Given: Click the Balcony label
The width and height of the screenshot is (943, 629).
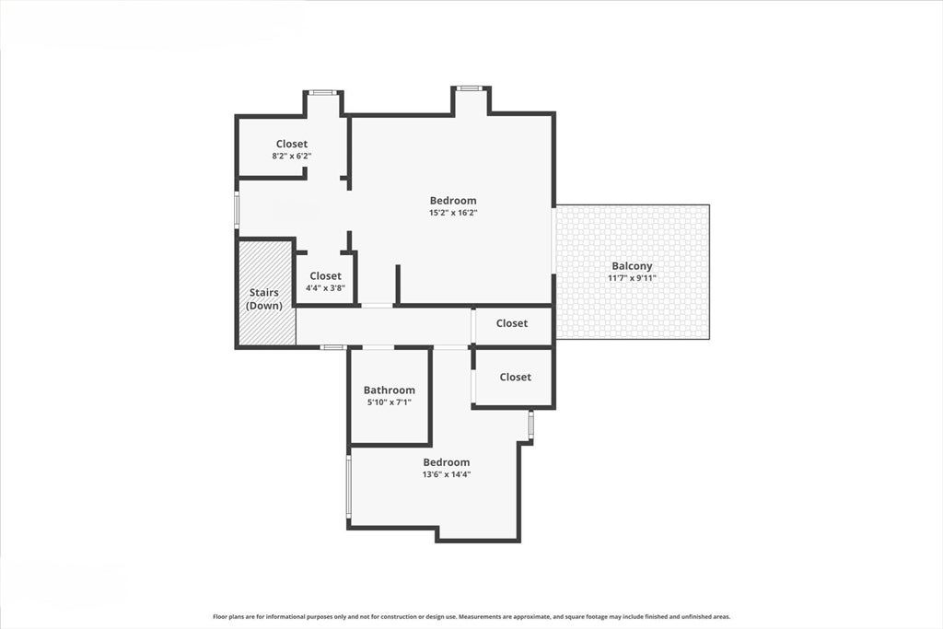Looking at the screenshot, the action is click(632, 266).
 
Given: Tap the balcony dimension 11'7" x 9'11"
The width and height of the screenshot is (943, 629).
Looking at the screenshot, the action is click(632, 278).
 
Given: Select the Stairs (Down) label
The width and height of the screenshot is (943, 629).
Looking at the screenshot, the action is click(264, 299).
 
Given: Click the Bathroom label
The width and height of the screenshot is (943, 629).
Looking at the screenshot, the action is click(390, 390).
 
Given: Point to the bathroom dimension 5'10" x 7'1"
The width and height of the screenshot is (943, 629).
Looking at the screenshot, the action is click(390, 402).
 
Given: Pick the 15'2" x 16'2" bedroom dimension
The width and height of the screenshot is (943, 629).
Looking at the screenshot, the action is click(453, 213).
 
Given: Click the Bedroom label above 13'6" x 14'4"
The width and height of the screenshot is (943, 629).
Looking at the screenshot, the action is click(447, 461).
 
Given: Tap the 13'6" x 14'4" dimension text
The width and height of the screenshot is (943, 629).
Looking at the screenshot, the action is click(447, 474).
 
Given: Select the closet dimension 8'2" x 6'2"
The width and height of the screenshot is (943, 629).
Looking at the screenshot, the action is click(292, 156).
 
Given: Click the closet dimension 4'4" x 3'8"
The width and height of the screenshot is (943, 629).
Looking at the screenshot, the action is click(325, 288).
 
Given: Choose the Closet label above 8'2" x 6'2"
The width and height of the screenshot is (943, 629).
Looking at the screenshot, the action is click(292, 144).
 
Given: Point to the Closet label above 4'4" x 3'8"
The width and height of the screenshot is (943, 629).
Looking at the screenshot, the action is click(325, 275).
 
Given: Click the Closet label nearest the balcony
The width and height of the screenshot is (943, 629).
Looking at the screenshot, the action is click(512, 323).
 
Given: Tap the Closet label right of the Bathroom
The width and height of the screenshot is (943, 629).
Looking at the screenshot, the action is click(516, 377).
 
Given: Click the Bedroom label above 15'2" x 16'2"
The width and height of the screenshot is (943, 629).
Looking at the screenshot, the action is click(453, 200).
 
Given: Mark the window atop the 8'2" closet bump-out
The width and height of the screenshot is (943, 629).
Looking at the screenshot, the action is click(323, 92).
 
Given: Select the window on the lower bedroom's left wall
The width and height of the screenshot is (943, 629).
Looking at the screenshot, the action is click(348, 486).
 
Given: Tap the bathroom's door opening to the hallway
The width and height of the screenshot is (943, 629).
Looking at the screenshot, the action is click(378, 347).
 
